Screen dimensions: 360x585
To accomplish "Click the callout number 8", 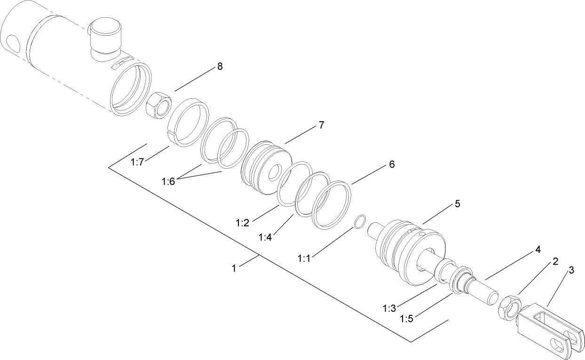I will tap(219, 66).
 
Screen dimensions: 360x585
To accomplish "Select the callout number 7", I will tap(321, 125).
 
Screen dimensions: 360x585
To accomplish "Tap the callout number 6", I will tap(391, 164).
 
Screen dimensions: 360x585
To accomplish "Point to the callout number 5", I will tap(457, 204).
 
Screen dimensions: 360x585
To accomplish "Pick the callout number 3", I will tap(571, 270).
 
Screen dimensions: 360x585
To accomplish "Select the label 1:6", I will tap(168, 181).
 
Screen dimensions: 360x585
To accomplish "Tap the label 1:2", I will tap(243, 223).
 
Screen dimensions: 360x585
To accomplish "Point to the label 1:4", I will tap(265, 237).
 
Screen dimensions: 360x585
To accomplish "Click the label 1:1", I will tap(304, 258).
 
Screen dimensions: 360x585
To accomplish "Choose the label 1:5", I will tap(407, 319).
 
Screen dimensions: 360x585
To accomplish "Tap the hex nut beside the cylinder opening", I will tap(158, 106).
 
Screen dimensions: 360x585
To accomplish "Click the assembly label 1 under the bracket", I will tap(234, 268).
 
